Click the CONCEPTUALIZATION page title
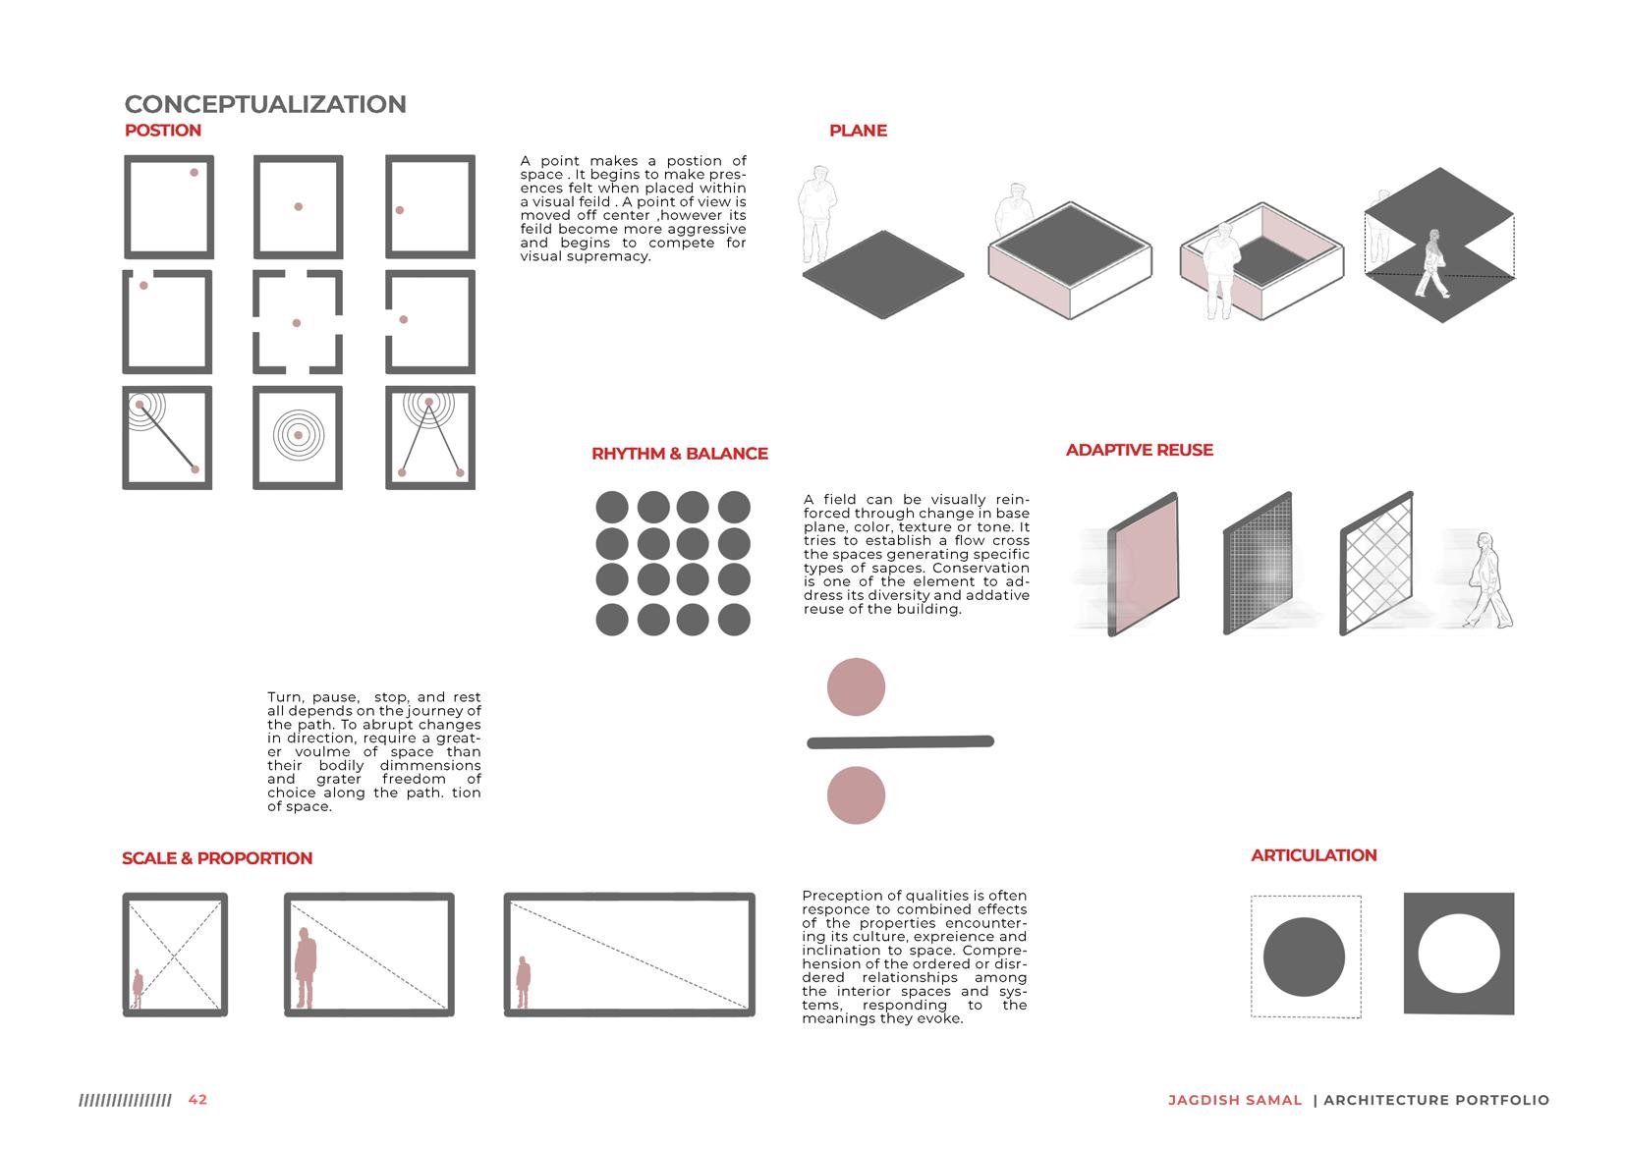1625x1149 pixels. (265, 104)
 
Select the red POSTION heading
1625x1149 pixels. (163, 131)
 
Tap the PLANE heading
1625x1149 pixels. (858, 131)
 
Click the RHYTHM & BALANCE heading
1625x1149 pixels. (680, 454)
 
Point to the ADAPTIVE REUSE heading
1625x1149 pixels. (1140, 450)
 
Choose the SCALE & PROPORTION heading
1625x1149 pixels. (217, 858)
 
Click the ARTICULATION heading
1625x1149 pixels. (1314, 855)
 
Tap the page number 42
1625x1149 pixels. (197, 1100)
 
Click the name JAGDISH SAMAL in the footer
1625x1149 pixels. (1235, 1100)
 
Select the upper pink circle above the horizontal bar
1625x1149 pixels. (857, 686)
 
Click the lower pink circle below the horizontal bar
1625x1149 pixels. (857, 794)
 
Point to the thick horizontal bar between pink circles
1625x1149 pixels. (900, 741)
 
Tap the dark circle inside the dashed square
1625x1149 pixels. (1304, 958)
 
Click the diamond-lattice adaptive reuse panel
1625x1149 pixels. (1376, 564)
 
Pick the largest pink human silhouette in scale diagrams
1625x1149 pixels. (306, 967)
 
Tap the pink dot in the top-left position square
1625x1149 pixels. (194, 173)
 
